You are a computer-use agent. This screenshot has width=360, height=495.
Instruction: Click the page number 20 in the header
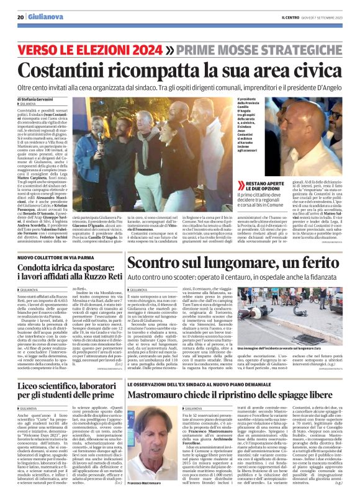[20, 17]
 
